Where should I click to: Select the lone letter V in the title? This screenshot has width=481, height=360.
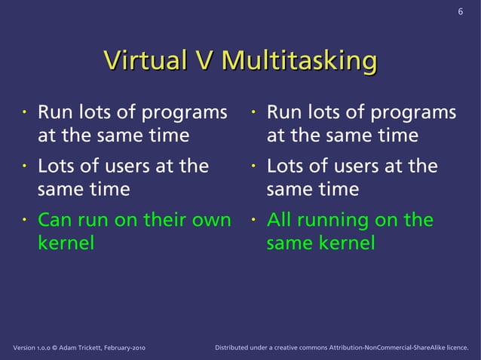[200, 62]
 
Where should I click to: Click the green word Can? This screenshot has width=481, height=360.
[56, 220]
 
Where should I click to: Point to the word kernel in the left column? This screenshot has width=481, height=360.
[66, 243]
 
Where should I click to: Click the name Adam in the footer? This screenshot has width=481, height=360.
[70, 348]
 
